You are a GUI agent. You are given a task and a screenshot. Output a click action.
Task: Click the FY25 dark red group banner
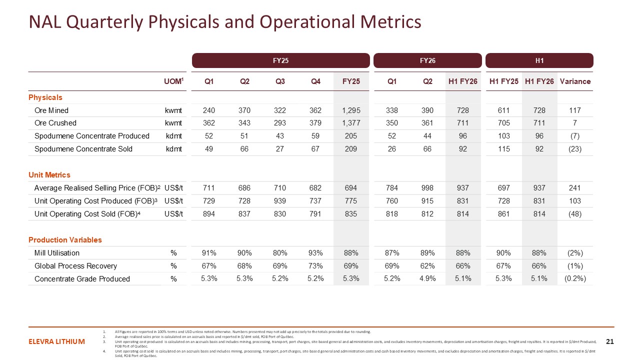(280, 60)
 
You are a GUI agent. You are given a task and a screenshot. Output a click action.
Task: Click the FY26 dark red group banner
(427, 60)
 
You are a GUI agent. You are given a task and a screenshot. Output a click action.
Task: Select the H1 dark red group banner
(539, 60)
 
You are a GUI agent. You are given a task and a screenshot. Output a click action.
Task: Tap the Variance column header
(575, 81)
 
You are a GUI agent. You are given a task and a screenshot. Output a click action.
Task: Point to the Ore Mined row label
(51, 110)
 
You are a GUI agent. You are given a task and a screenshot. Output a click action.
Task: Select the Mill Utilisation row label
(57, 253)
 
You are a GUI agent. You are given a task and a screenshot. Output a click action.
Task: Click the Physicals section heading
(45, 97)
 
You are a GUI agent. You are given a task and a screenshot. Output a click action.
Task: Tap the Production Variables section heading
(65, 240)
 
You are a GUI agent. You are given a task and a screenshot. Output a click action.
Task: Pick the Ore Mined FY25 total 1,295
(351, 110)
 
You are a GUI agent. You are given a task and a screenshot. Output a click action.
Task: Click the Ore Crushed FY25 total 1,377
(351, 123)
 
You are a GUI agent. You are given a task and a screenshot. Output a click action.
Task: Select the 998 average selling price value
(427, 188)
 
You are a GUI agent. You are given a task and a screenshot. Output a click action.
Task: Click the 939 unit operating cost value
(280, 201)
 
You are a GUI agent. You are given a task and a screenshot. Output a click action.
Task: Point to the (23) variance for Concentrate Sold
(575, 149)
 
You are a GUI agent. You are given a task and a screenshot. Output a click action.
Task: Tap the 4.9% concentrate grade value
(427, 279)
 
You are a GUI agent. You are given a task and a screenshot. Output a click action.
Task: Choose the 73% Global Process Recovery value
(315, 266)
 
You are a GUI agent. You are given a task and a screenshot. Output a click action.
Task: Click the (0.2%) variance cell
(575, 279)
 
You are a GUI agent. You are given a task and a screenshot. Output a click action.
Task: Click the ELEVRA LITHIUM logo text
(56, 342)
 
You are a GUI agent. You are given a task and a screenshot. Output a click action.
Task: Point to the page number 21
(609, 342)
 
